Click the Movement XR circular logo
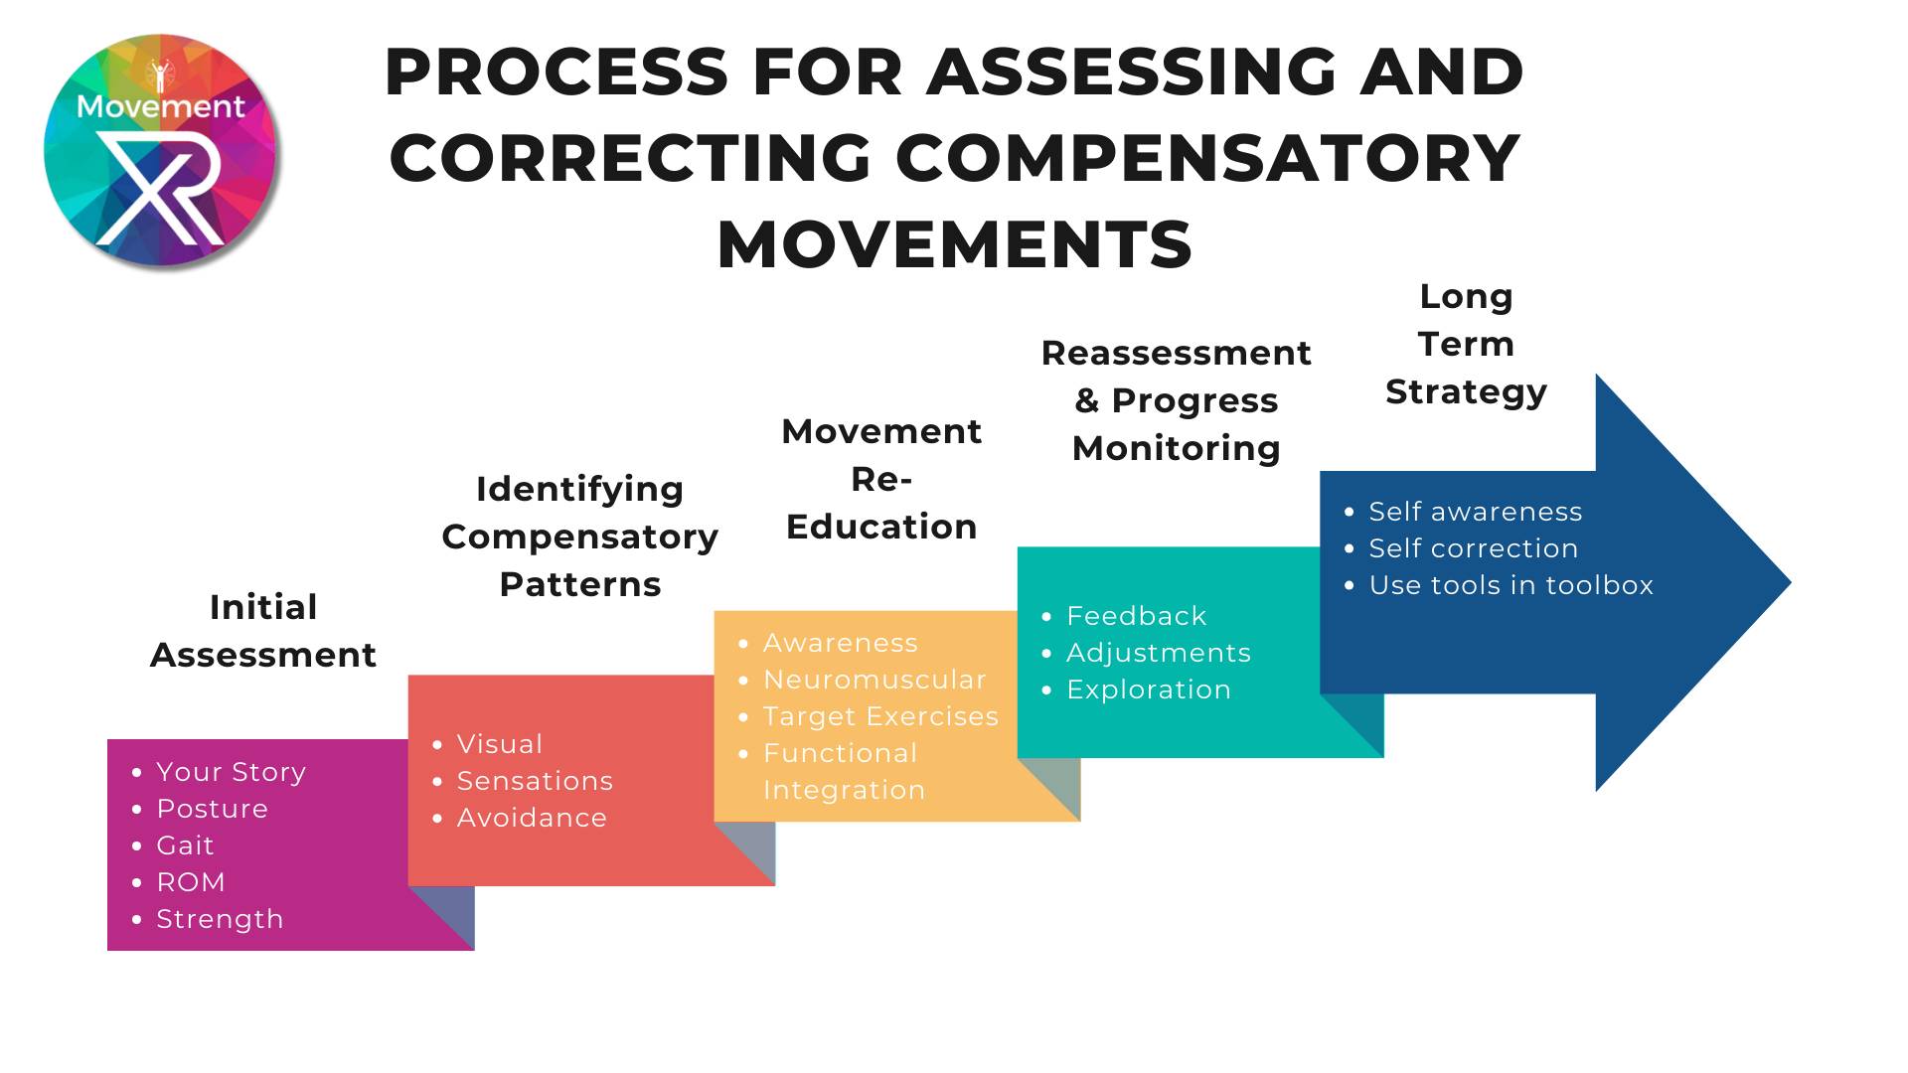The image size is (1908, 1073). pos(161,150)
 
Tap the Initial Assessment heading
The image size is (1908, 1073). pos(263,631)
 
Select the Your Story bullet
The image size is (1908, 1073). pos(231,772)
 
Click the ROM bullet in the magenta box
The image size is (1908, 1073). pos(191,882)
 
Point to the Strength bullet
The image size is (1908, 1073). pos(220,919)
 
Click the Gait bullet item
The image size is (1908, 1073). pos(185,845)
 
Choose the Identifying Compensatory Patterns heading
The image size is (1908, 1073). pos(580,536)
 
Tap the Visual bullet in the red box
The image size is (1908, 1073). pos(500,744)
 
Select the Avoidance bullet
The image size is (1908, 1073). pos(532,818)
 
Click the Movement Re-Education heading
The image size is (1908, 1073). pos(881,479)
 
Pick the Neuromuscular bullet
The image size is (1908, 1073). pos(874,680)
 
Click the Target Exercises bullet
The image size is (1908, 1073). pos(880,716)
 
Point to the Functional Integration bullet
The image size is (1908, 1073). pos(845,771)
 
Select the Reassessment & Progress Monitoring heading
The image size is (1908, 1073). pos(1177,400)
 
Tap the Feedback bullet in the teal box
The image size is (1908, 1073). pos(1136,616)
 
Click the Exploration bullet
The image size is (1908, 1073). pos(1149,690)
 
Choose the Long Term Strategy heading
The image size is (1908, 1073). pos(1467,344)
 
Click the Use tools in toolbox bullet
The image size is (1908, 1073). pos(1510,585)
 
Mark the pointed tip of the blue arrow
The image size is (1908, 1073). pos(1791,583)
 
